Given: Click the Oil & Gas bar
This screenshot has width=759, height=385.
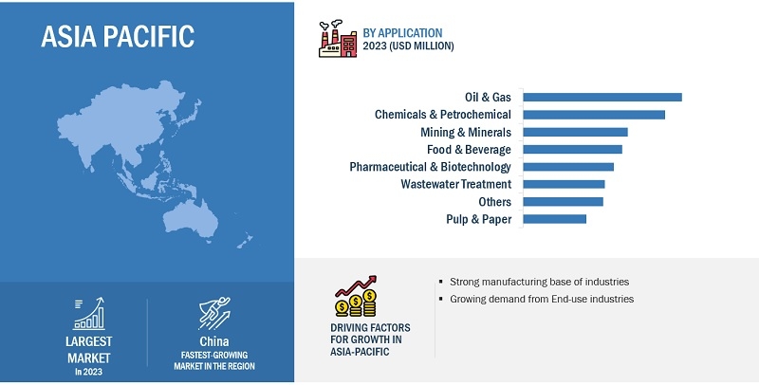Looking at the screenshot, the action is pyautogui.click(x=602, y=98).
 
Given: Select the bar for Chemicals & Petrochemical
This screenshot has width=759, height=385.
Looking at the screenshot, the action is pyautogui.click(x=594, y=115).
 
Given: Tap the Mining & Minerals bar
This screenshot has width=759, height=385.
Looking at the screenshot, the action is pyautogui.click(x=575, y=132).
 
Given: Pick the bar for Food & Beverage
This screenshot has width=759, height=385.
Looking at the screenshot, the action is pyautogui.click(x=573, y=150).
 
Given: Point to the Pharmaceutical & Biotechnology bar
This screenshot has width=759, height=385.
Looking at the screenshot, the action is pyautogui.click(x=568, y=167).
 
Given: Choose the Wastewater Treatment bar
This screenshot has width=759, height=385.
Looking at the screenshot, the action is pyautogui.click(x=564, y=184).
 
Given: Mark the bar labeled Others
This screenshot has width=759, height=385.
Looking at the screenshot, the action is pyautogui.click(x=563, y=202).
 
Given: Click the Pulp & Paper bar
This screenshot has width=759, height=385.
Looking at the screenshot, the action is pyautogui.click(x=555, y=219).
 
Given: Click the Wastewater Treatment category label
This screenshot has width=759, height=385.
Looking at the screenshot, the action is pyautogui.click(x=456, y=184).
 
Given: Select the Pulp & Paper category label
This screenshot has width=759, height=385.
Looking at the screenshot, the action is pyautogui.click(x=479, y=220).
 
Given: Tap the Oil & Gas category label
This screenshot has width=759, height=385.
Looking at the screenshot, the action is pyautogui.click(x=488, y=98).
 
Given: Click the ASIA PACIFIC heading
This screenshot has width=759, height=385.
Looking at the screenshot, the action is pyautogui.click(x=118, y=36).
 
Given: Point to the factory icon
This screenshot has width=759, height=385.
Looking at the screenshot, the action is pyautogui.click(x=338, y=39).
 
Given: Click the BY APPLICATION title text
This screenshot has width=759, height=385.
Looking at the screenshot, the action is pyautogui.click(x=402, y=33).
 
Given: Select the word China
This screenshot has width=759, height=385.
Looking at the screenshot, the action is pyautogui.click(x=214, y=341).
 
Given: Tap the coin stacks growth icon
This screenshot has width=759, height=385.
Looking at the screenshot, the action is pyautogui.click(x=356, y=296).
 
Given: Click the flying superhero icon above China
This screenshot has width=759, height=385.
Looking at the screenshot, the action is pyautogui.click(x=214, y=314).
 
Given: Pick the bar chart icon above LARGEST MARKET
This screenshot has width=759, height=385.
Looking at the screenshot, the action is pyautogui.click(x=89, y=314).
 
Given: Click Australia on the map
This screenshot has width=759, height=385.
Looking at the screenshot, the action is pyautogui.click(x=191, y=218).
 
